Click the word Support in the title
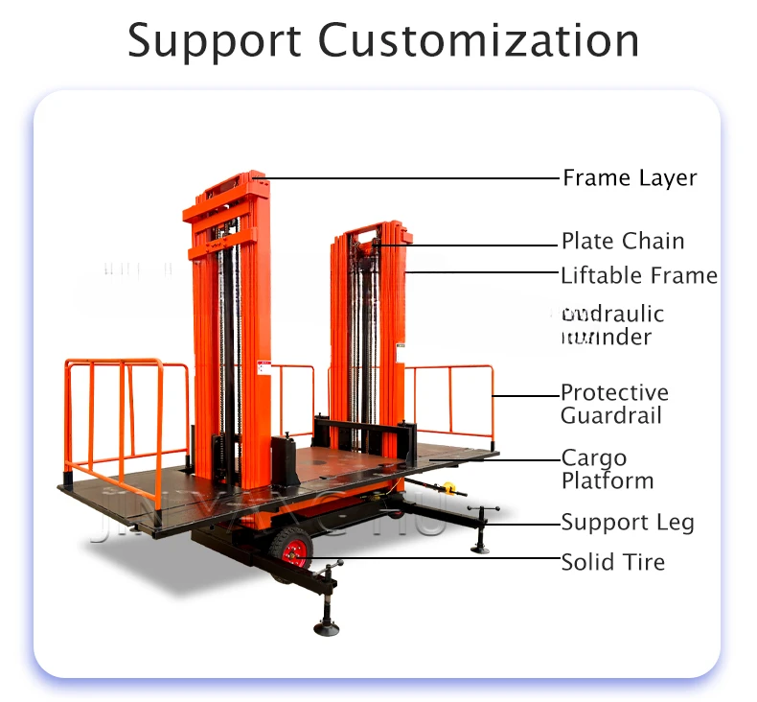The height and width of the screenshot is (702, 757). [x=213, y=41]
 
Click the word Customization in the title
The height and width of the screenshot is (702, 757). [x=478, y=41]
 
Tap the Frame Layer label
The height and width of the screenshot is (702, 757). [x=629, y=178]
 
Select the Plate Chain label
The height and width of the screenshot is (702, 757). [x=623, y=241]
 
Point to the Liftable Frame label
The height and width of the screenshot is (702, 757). [x=638, y=276]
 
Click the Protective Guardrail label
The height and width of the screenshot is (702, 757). [x=614, y=405]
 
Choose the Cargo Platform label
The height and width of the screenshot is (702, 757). [x=608, y=469]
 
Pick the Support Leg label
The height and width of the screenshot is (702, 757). [x=627, y=523]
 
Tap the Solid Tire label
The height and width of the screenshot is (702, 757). [x=612, y=562]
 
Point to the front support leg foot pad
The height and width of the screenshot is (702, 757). [x=326, y=628]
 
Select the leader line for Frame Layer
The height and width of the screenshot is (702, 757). [x=412, y=178]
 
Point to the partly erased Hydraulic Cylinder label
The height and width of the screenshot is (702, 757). [x=612, y=325]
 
